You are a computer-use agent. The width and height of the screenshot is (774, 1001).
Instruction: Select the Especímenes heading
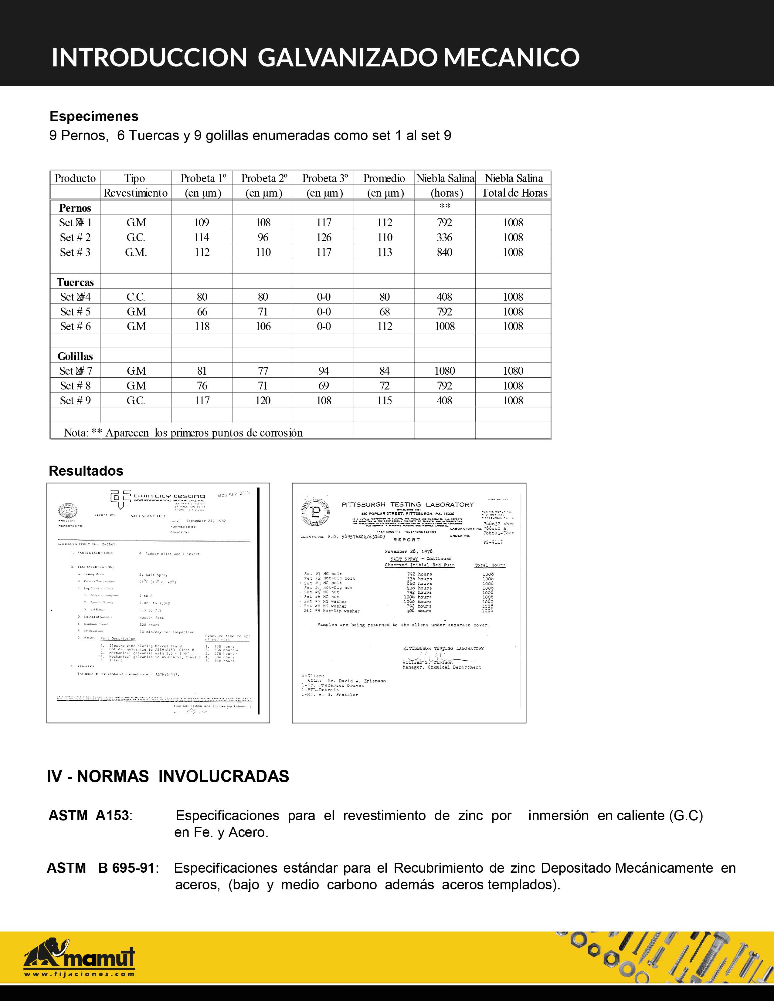(94, 116)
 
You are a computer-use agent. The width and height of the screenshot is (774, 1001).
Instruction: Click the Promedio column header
(384, 178)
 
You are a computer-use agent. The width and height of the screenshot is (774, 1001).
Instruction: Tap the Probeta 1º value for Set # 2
(202, 238)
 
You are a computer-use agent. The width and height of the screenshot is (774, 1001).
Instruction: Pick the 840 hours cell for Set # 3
(445, 252)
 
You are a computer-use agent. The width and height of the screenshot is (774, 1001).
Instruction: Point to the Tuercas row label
(75, 282)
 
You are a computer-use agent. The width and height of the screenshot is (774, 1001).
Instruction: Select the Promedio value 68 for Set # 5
(385, 312)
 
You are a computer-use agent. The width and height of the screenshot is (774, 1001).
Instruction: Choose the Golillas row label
(75, 356)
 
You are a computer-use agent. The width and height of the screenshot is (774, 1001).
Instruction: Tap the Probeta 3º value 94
(324, 371)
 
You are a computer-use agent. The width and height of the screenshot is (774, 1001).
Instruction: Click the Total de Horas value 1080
(513, 371)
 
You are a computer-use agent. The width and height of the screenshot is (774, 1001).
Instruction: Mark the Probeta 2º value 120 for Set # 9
(263, 401)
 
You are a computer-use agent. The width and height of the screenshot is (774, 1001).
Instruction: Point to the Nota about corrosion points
(183, 433)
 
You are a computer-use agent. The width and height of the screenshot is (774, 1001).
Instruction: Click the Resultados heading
(86, 471)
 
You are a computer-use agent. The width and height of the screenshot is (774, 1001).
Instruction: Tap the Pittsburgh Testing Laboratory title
(408, 505)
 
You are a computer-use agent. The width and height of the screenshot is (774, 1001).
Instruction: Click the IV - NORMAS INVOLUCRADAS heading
(168, 777)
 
